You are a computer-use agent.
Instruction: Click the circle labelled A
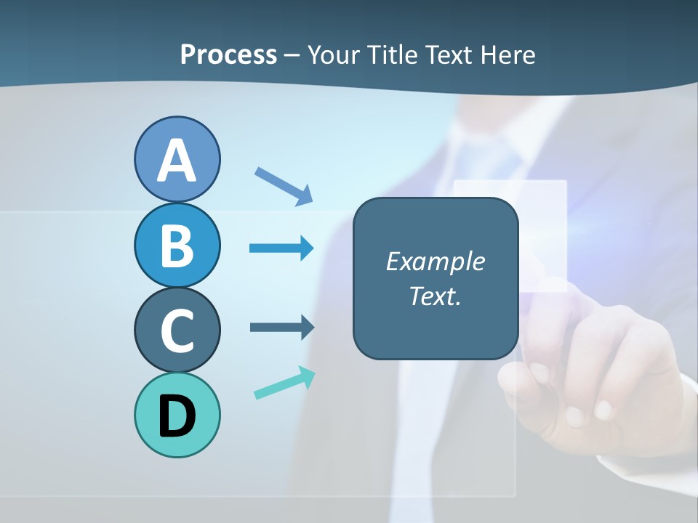[x=177, y=160]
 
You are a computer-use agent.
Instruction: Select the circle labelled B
[x=177, y=246]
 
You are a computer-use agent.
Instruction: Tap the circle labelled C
[x=177, y=331]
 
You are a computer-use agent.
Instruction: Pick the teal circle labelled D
[x=177, y=415]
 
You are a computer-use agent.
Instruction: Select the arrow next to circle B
[x=281, y=248]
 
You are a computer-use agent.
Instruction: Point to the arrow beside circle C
[x=282, y=327]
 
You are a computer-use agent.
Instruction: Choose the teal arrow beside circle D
[x=284, y=384]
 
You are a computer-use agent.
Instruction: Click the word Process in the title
[x=228, y=55]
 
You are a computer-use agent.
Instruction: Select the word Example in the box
[x=435, y=261]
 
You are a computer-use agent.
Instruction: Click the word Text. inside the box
[x=435, y=296]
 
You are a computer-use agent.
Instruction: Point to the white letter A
[x=177, y=161]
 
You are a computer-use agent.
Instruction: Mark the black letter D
[x=177, y=416]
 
